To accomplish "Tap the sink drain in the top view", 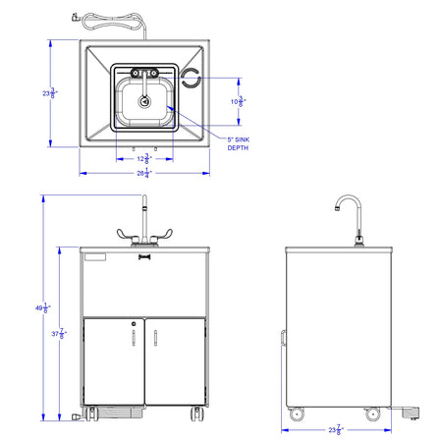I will pos(146,98).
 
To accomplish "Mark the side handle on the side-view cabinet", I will pos(282,339).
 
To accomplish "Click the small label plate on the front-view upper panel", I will pos(95,257).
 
